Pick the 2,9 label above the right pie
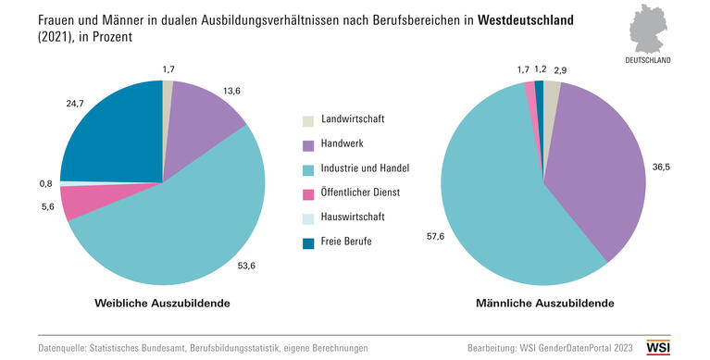pos(562,70)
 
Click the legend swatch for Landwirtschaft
pos(308,121)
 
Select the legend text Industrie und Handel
pos(365,168)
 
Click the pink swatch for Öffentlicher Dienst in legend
pos(308,193)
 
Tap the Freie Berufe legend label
pos(351,242)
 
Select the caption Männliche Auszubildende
pos(543,304)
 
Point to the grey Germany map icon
pos(654,31)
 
